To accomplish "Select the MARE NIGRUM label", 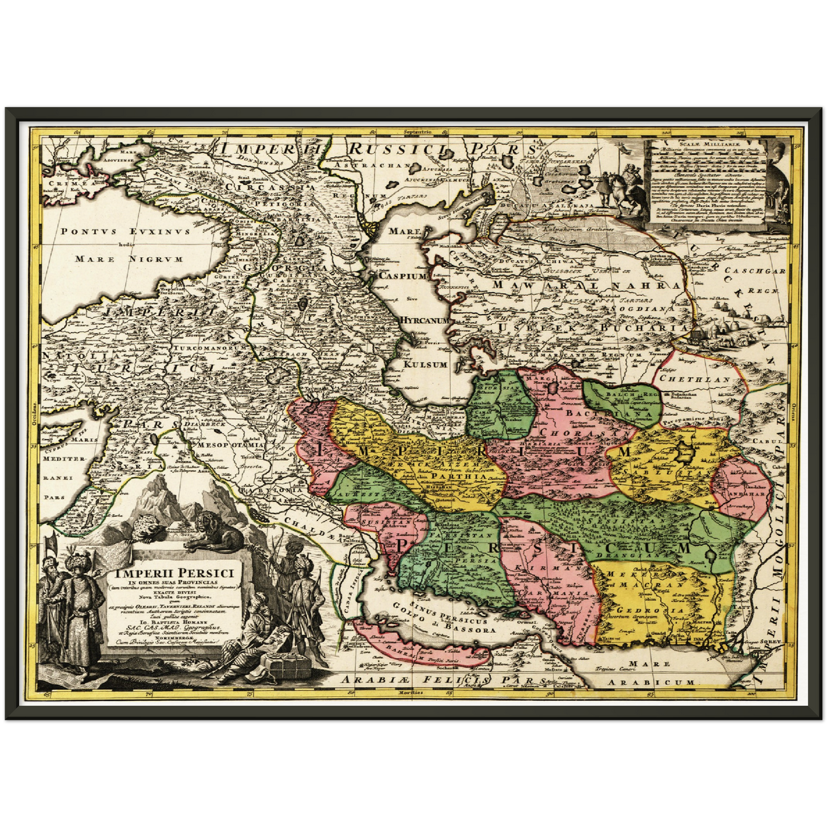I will click(x=129, y=259).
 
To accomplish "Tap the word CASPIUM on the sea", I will click(x=403, y=276).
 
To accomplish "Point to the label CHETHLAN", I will click(x=694, y=379).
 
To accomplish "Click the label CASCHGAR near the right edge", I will click(x=754, y=271).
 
